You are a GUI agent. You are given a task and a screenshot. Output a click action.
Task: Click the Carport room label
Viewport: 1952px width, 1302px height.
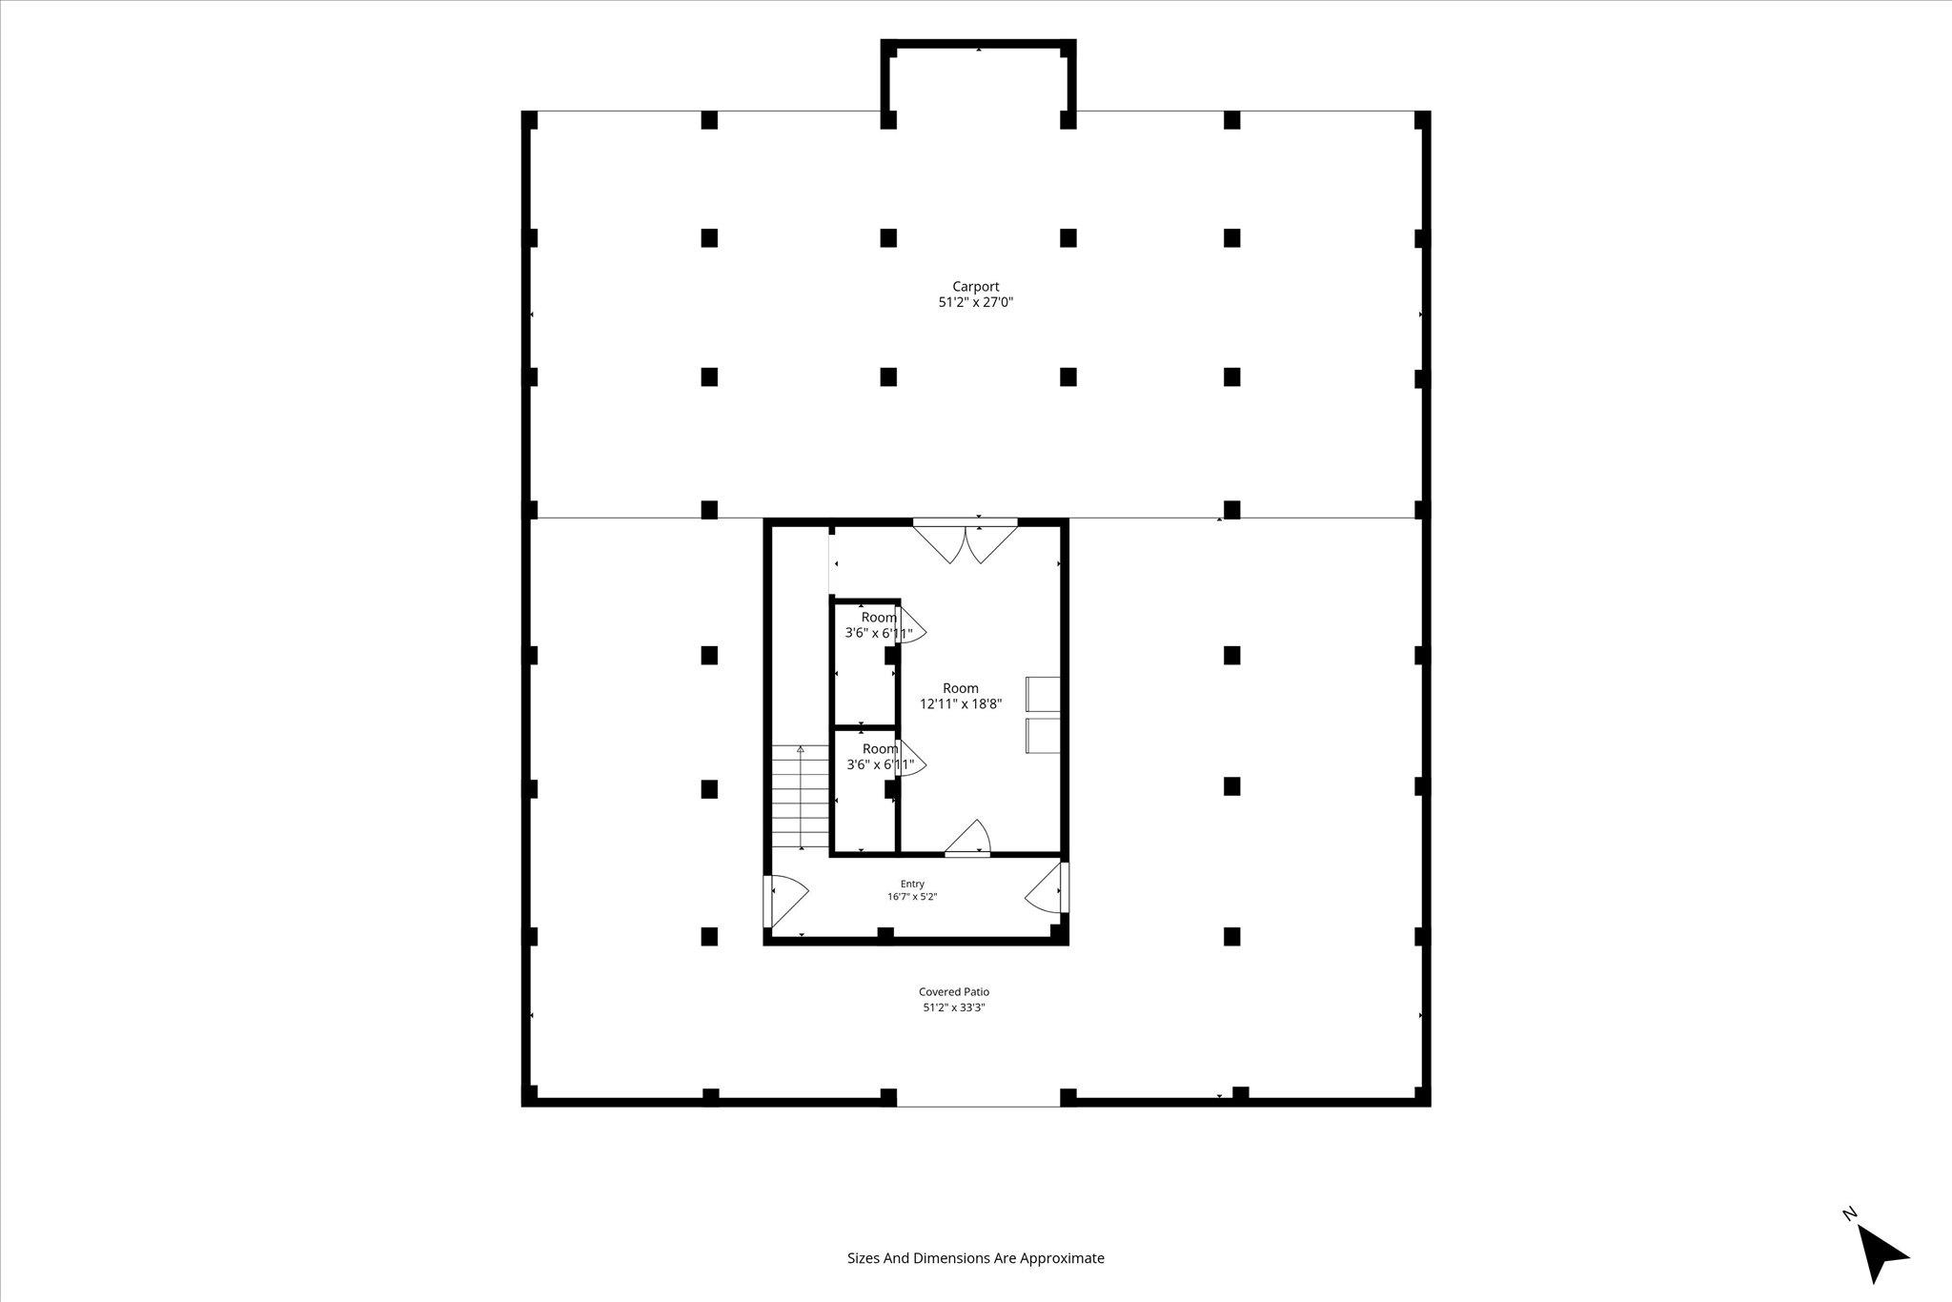[x=976, y=286]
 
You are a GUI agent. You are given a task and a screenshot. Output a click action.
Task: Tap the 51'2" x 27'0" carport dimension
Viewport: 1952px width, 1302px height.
[x=976, y=303]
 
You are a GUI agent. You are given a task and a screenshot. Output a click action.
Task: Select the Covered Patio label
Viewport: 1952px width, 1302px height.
[x=954, y=992]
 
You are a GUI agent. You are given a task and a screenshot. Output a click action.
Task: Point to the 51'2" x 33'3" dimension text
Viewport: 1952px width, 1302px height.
[x=954, y=1007]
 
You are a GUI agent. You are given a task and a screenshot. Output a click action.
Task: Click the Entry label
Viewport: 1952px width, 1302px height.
[x=912, y=884]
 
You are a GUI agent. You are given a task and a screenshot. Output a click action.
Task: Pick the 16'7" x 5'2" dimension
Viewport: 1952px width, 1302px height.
[x=912, y=897]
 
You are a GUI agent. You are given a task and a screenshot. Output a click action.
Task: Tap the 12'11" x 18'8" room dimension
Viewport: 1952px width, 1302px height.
[x=961, y=704]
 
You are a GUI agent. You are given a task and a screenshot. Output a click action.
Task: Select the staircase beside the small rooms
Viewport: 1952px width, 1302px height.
[x=801, y=797]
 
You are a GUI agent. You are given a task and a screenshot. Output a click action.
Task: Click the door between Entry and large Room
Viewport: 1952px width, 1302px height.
[x=968, y=838]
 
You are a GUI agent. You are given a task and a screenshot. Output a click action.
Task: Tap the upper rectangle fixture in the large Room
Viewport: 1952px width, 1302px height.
[x=1042, y=694]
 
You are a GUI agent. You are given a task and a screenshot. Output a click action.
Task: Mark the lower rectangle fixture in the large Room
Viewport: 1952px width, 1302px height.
[x=1042, y=736]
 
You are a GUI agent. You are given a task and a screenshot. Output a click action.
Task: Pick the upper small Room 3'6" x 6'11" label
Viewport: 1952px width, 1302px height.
[x=879, y=625]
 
